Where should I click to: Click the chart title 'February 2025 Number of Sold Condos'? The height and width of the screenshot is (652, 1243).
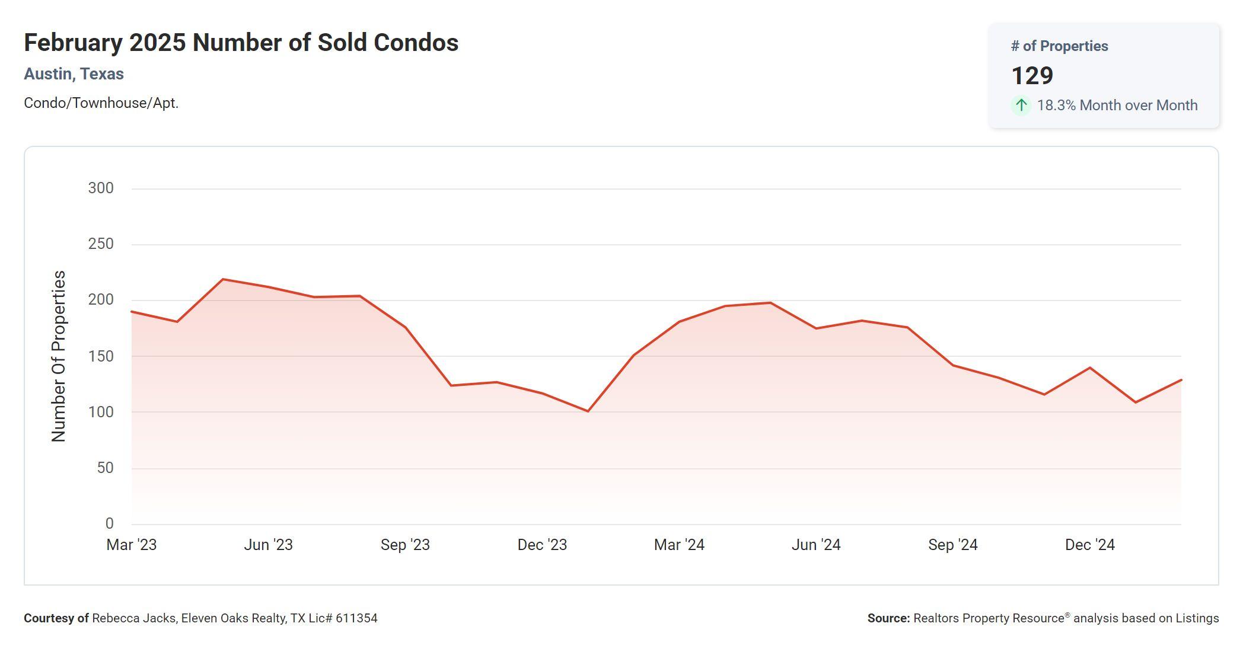[241, 43]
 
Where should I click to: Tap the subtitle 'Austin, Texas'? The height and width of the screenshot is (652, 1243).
[74, 74]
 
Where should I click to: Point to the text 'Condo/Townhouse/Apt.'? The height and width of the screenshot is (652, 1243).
[101, 103]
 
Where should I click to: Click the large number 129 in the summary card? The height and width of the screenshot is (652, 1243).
[1032, 76]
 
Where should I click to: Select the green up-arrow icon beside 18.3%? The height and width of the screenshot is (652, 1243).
[1021, 106]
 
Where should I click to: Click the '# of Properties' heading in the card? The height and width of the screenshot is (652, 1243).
[1059, 46]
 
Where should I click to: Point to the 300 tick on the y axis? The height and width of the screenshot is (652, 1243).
[101, 188]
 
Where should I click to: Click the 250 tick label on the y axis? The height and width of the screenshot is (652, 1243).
[101, 244]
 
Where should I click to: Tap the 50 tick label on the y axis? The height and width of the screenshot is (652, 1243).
[105, 468]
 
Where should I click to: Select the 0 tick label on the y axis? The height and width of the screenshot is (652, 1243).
[109, 523]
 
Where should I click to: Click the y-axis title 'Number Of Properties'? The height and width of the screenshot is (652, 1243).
[59, 356]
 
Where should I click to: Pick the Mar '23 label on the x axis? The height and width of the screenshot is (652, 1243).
[131, 545]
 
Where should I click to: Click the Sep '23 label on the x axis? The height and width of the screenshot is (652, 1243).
[405, 545]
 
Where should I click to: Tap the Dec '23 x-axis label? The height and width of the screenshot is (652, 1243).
[542, 545]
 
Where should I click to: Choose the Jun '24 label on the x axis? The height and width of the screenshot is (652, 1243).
[816, 545]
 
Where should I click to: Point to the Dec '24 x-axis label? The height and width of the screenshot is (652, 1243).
[1090, 545]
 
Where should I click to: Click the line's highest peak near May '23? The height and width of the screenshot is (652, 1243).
[222, 279]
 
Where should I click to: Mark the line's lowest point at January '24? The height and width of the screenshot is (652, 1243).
[588, 411]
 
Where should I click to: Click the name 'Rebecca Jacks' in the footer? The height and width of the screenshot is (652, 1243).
[134, 618]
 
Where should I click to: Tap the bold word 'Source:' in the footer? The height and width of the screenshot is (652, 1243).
[888, 618]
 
